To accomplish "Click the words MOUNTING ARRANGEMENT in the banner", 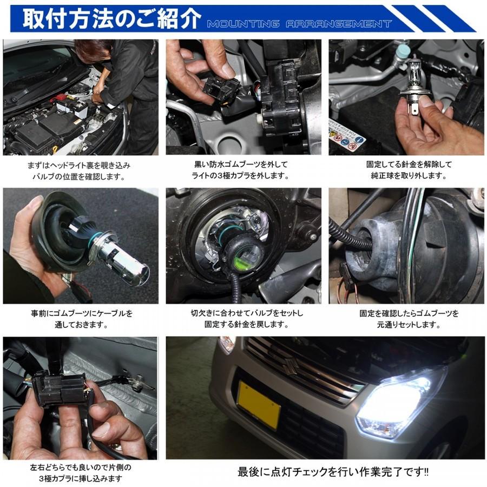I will pyautogui.click(x=299, y=24).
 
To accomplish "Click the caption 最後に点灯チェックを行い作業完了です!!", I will pyautogui.click(x=333, y=472).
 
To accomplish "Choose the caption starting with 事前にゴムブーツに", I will pyautogui.click(x=81, y=319).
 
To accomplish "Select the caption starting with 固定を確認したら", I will pyautogui.click(x=407, y=319).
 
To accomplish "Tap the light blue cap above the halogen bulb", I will pyautogui.click(x=403, y=51).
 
